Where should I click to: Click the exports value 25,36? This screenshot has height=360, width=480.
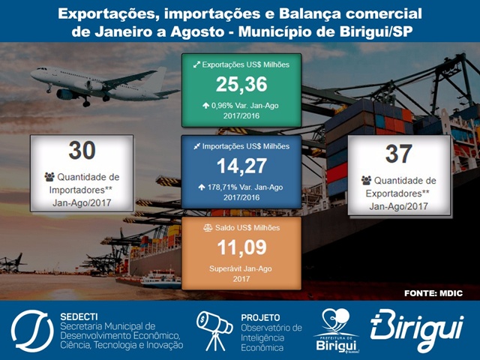pos(241,85)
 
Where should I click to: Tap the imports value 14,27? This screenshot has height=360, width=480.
pos(241,166)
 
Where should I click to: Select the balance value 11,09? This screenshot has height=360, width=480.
pos(241,247)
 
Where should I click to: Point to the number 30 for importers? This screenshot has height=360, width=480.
pos(82,150)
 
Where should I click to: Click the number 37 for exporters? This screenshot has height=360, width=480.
pos(398,154)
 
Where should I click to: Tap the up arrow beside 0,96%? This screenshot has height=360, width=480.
pos(205,106)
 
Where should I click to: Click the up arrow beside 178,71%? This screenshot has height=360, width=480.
pos(202,187)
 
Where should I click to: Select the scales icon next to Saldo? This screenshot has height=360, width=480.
pos(208,228)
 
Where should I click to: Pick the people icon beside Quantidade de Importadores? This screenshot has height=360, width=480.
pos(49,177)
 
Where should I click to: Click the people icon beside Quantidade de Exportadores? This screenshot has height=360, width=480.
pos(366,180)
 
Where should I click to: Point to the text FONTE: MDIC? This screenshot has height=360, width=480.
pos(433,293)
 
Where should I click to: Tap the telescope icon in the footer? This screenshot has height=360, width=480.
pos(214,331)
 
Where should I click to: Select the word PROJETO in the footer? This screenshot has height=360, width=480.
pos(260,318)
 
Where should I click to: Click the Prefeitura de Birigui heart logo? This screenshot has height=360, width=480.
pos(336,330)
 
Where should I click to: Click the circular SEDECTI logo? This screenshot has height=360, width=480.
pos(32,331)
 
